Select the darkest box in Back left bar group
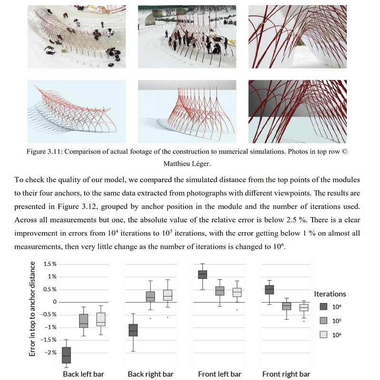tap(66, 355)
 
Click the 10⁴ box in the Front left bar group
tap(202, 275)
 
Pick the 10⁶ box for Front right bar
tap(304, 307)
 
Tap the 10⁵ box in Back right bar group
tap(150, 296)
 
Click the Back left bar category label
tap(84, 374)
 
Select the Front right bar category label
tap(286, 374)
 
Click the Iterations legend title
tap(330, 294)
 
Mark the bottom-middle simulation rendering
tap(187, 111)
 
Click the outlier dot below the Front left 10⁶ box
tap(237, 309)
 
